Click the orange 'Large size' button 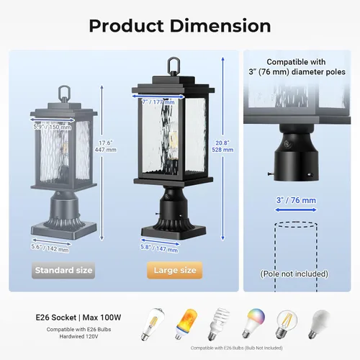174,271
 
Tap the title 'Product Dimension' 179,26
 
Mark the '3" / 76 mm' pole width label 296,199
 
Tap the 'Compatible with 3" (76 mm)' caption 296,67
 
